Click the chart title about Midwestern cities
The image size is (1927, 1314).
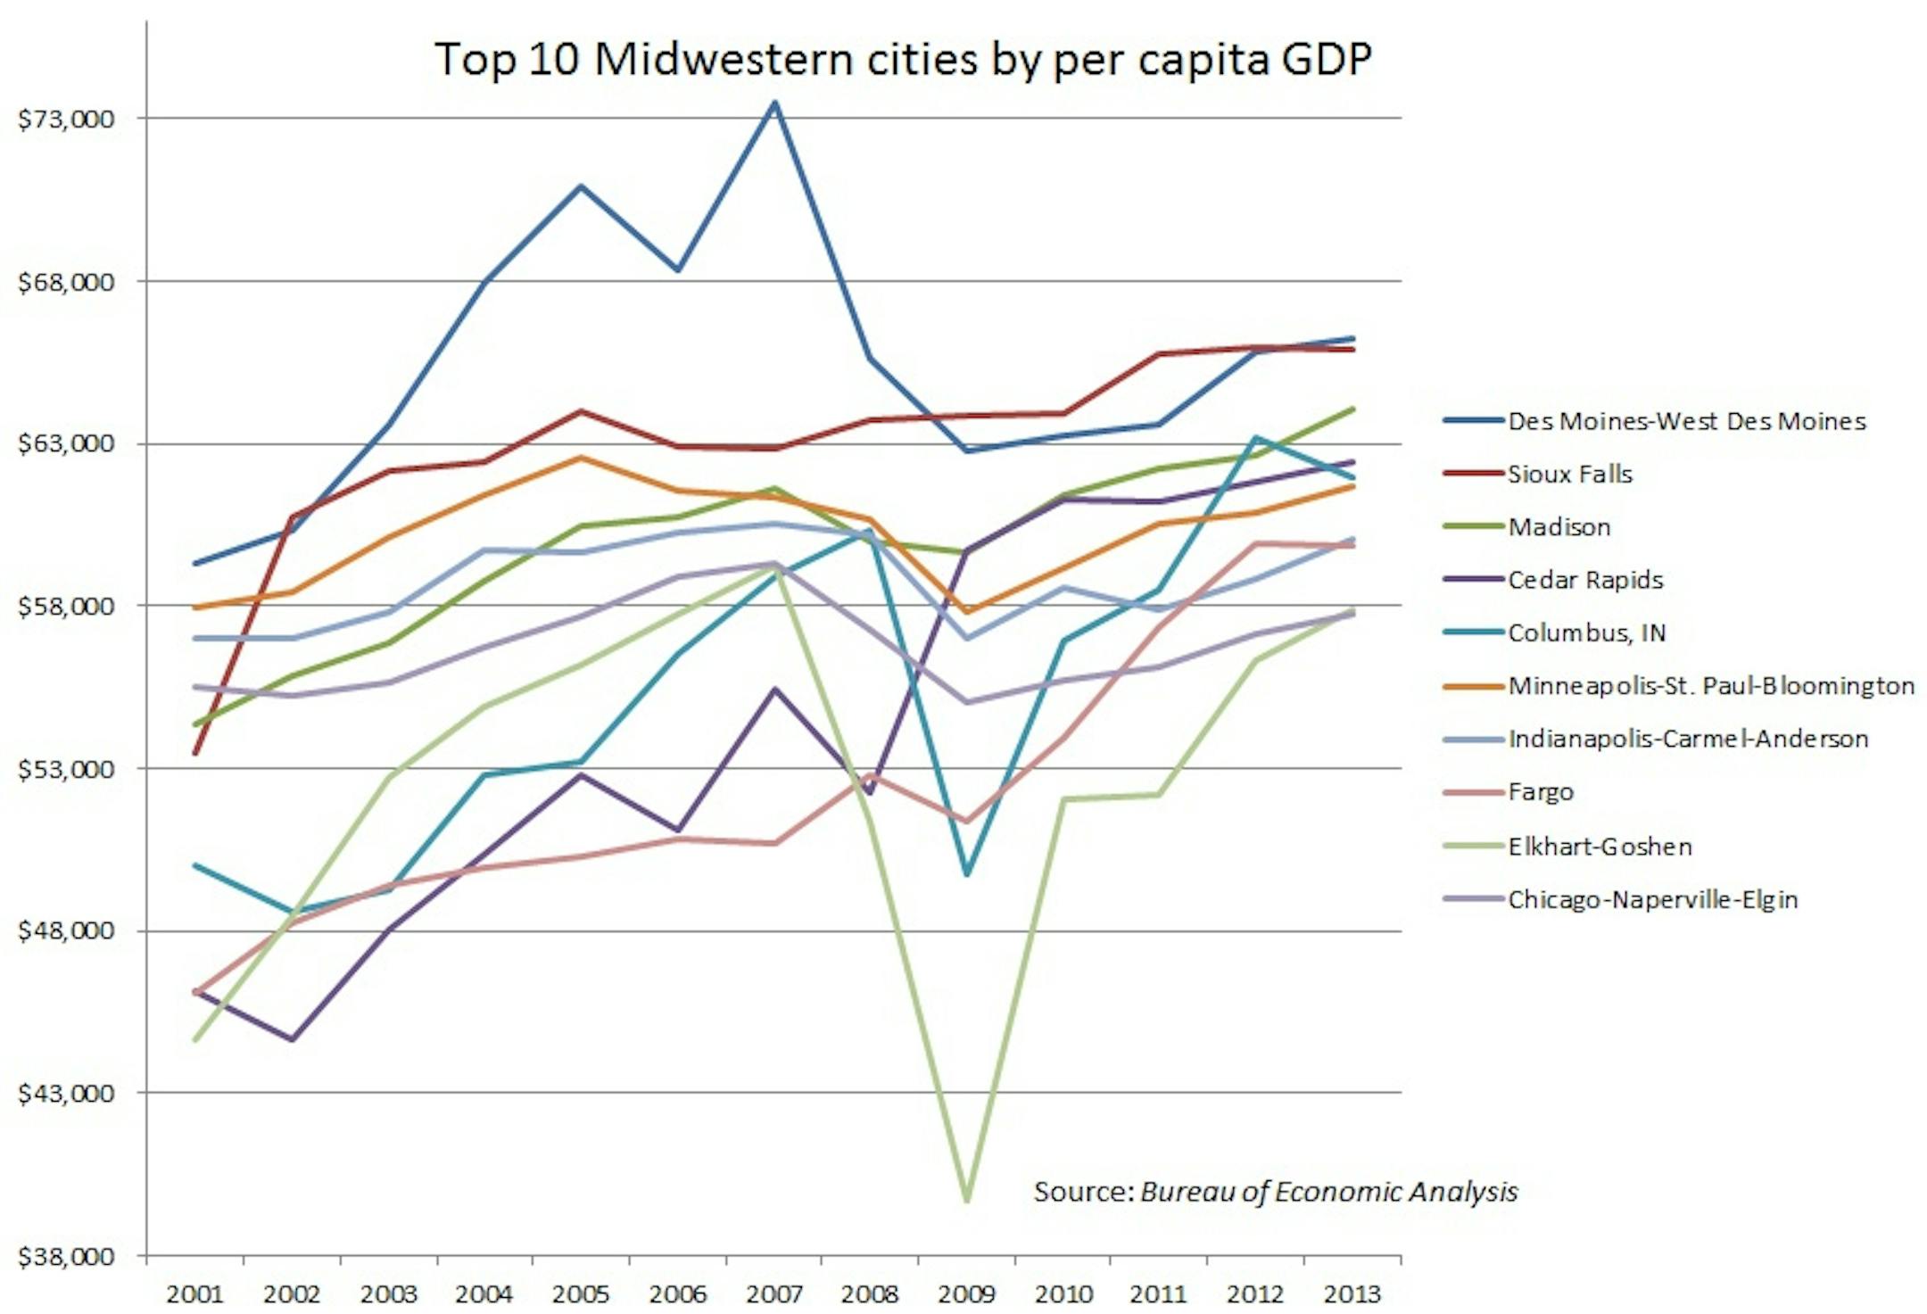[902, 60]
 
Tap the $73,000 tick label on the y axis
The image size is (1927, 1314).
[66, 119]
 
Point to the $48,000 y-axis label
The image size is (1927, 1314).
[66, 930]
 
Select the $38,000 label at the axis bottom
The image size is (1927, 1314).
[66, 1256]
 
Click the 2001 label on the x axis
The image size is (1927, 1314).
[194, 1293]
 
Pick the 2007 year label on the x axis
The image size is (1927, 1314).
[773, 1293]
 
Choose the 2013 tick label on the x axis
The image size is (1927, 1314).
[1352, 1293]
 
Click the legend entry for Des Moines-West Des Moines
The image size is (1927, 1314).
[1686, 421]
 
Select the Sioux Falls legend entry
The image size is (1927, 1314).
[1569, 474]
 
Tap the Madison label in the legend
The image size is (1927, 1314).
[1559, 527]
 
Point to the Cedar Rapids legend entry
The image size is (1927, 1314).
[1585, 580]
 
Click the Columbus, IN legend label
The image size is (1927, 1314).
[1586, 632]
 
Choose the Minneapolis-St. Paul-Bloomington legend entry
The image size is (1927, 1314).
[1710, 686]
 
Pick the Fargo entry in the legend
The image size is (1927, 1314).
[1541, 791]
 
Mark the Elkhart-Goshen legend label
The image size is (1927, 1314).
[1600, 846]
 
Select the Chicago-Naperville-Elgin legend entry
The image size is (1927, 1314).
[1652, 899]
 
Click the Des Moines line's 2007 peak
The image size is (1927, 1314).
[775, 103]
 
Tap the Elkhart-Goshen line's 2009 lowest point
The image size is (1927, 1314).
[967, 1200]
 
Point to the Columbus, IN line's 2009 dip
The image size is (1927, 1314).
[967, 873]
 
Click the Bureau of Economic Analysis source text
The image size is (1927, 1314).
[1275, 1192]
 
